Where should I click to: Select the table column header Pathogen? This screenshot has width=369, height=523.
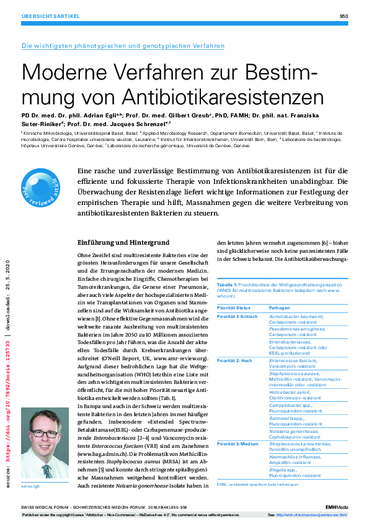pos(278,308)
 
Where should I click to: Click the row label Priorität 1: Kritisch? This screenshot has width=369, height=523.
pos(237,316)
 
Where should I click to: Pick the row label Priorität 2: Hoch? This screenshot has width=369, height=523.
pos(234,360)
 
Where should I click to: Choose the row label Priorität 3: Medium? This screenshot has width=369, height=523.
pos(238,444)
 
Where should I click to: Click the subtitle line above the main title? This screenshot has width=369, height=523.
pos(123,46)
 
